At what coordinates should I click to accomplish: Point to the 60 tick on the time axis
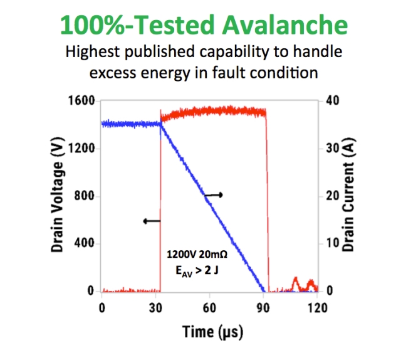(x=211, y=308)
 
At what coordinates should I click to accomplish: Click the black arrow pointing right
(x=214, y=195)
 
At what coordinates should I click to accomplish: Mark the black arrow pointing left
(x=152, y=221)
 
